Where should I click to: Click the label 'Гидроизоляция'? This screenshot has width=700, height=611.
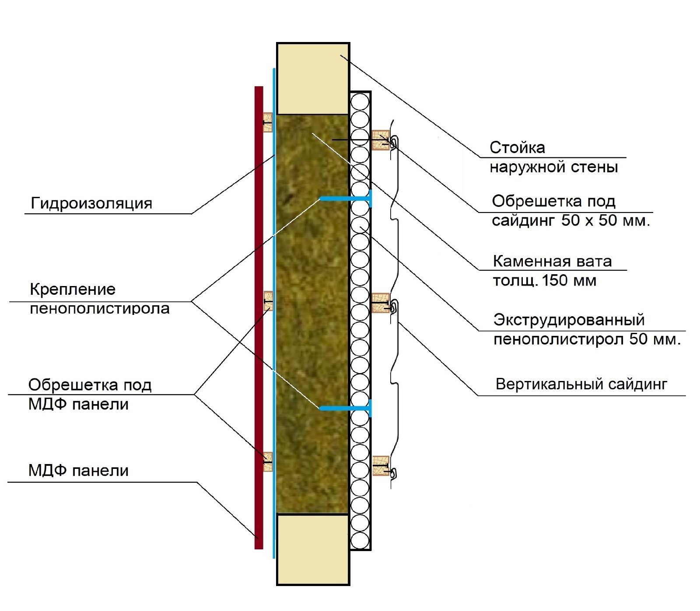pyautogui.click(x=91, y=203)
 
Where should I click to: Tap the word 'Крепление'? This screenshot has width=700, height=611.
pyautogui.click(x=73, y=289)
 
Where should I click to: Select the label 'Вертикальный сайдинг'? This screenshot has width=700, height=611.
pyautogui.click(x=581, y=384)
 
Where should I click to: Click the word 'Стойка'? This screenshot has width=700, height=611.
pyautogui.click(x=517, y=148)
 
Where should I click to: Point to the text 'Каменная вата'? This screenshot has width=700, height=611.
pyautogui.click(x=552, y=261)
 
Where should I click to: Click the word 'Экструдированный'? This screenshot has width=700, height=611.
pyautogui.click(x=569, y=320)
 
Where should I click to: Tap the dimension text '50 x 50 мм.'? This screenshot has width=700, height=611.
pyautogui.click(x=605, y=220)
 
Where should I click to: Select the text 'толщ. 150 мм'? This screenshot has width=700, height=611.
pyautogui.click(x=544, y=280)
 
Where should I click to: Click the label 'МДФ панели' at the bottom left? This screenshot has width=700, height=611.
pyautogui.click(x=78, y=471)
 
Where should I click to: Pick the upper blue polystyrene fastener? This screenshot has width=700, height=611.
pyautogui.click(x=346, y=199)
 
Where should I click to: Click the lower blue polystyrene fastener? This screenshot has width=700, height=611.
pyautogui.click(x=346, y=408)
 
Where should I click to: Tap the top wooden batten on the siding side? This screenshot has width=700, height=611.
pyautogui.click(x=380, y=140)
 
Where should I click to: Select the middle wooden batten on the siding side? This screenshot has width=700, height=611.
pyautogui.click(x=380, y=303)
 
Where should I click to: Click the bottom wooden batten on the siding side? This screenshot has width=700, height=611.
pyautogui.click(x=380, y=466)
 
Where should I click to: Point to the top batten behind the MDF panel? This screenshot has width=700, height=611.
pyautogui.click(x=267, y=122)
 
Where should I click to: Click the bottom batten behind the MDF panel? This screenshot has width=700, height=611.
pyautogui.click(x=267, y=461)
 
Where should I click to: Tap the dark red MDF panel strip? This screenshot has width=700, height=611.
pyautogui.click(x=259, y=318)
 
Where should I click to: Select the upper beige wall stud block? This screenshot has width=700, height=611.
pyautogui.click(x=313, y=79)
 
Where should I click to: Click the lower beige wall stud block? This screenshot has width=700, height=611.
pyautogui.click(x=313, y=549)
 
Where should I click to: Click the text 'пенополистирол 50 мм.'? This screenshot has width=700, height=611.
pyautogui.click(x=587, y=339)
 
